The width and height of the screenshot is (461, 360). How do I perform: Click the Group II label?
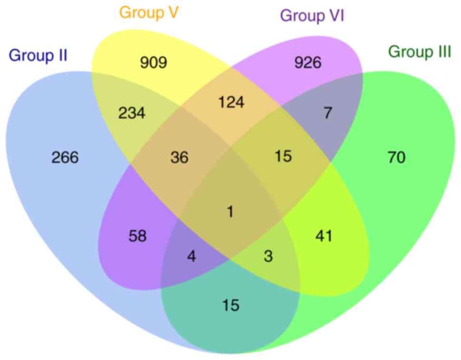(x=38, y=56)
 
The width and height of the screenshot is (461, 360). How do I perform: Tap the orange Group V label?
(x=149, y=12)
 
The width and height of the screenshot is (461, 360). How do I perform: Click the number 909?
(x=154, y=62)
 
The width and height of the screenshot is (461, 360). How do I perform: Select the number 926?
(x=308, y=62)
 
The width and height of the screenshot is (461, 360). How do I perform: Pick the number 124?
(x=231, y=102)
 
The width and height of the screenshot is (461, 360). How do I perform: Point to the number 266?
(x=65, y=157)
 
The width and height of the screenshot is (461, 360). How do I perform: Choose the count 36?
(x=179, y=157)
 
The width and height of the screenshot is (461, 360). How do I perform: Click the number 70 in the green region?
(x=396, y=157)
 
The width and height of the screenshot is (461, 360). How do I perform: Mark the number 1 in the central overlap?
(x=231, y=212)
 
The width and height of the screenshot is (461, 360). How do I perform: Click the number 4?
(x=192, y=257)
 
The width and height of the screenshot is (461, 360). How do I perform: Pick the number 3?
(x=268, y=257)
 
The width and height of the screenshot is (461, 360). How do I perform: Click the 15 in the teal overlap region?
(x=230, y=305)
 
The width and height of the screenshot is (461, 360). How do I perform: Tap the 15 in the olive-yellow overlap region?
(x=283, y=156)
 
